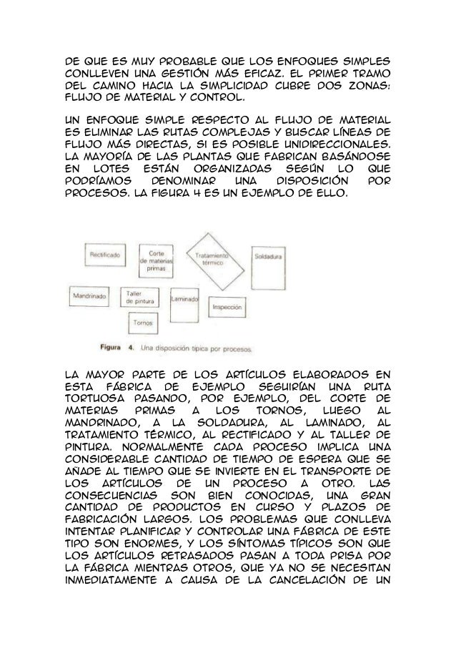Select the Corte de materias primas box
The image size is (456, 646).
(x=158, y=260)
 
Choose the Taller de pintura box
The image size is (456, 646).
(x=140, y=298)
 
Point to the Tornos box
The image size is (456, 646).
(x=141, y=323)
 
